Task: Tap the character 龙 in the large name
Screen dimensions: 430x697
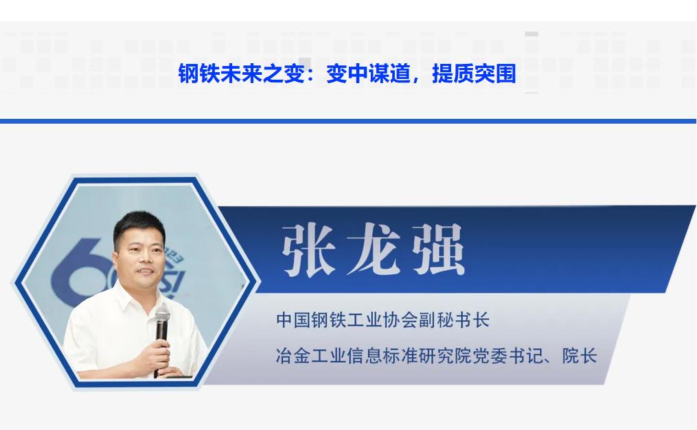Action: [374, 249]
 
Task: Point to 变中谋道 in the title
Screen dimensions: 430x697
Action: [369, 73]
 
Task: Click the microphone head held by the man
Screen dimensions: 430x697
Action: [162, 315]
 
